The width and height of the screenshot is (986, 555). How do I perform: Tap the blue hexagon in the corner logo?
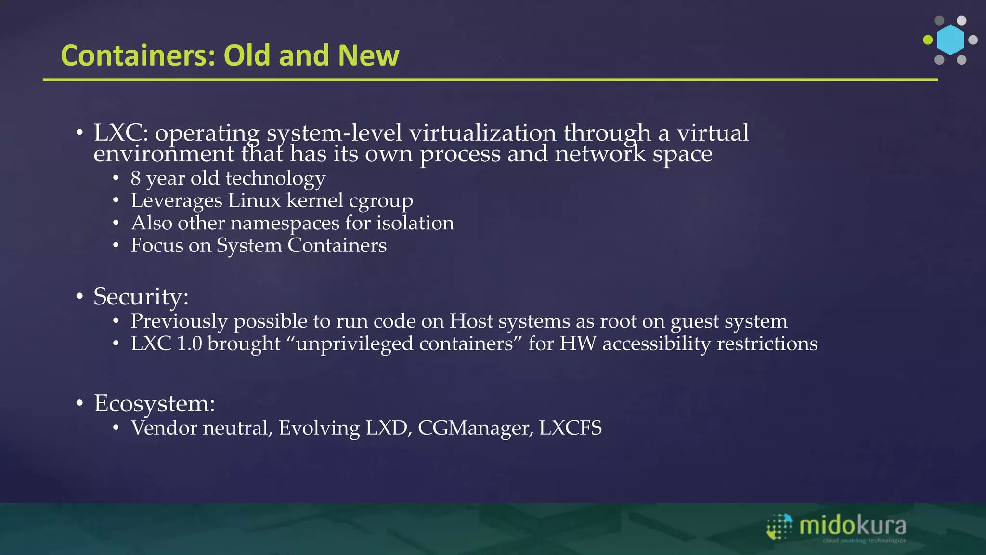[950, 40]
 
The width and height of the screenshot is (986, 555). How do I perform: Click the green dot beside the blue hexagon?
[928, 40]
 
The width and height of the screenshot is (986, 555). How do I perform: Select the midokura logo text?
[852, 526]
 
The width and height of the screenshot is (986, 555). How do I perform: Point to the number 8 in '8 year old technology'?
[136, 178]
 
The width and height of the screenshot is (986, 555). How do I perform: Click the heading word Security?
[141, 296]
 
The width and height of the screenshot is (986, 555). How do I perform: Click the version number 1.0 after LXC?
[189, 344]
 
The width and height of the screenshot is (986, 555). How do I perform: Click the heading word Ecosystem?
[154, 403]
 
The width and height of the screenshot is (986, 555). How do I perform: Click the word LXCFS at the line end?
[570, 428]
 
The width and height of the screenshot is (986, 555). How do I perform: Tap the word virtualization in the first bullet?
[482, 133]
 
